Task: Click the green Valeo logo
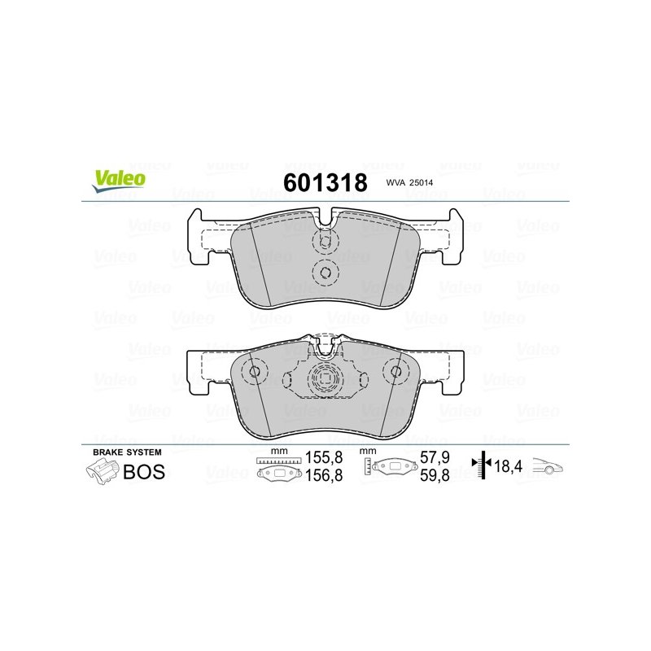click(119, 181)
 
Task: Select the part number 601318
click(325, 182)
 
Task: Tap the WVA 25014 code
click(409, 182)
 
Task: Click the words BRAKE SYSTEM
click(127, 452)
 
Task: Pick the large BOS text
click(144, 472)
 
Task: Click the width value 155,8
click(324, 457)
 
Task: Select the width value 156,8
click(324, 475)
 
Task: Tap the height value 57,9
click(435, 457)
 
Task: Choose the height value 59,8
click(435, 475)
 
